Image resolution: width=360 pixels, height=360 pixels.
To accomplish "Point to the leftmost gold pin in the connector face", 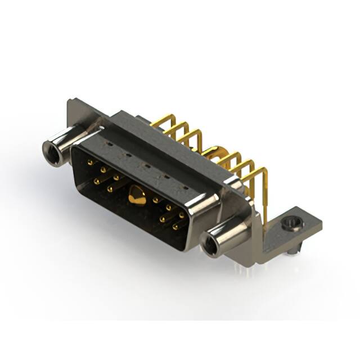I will pos(91,163).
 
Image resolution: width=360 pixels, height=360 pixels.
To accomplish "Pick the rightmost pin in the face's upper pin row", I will pos(182,215).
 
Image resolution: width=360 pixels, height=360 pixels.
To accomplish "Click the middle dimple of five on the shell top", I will pos(145,166).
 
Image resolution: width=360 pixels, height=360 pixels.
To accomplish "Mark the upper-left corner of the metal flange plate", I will pos(70,102).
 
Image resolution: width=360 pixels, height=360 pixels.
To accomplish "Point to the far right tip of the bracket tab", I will pos(321,224).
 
